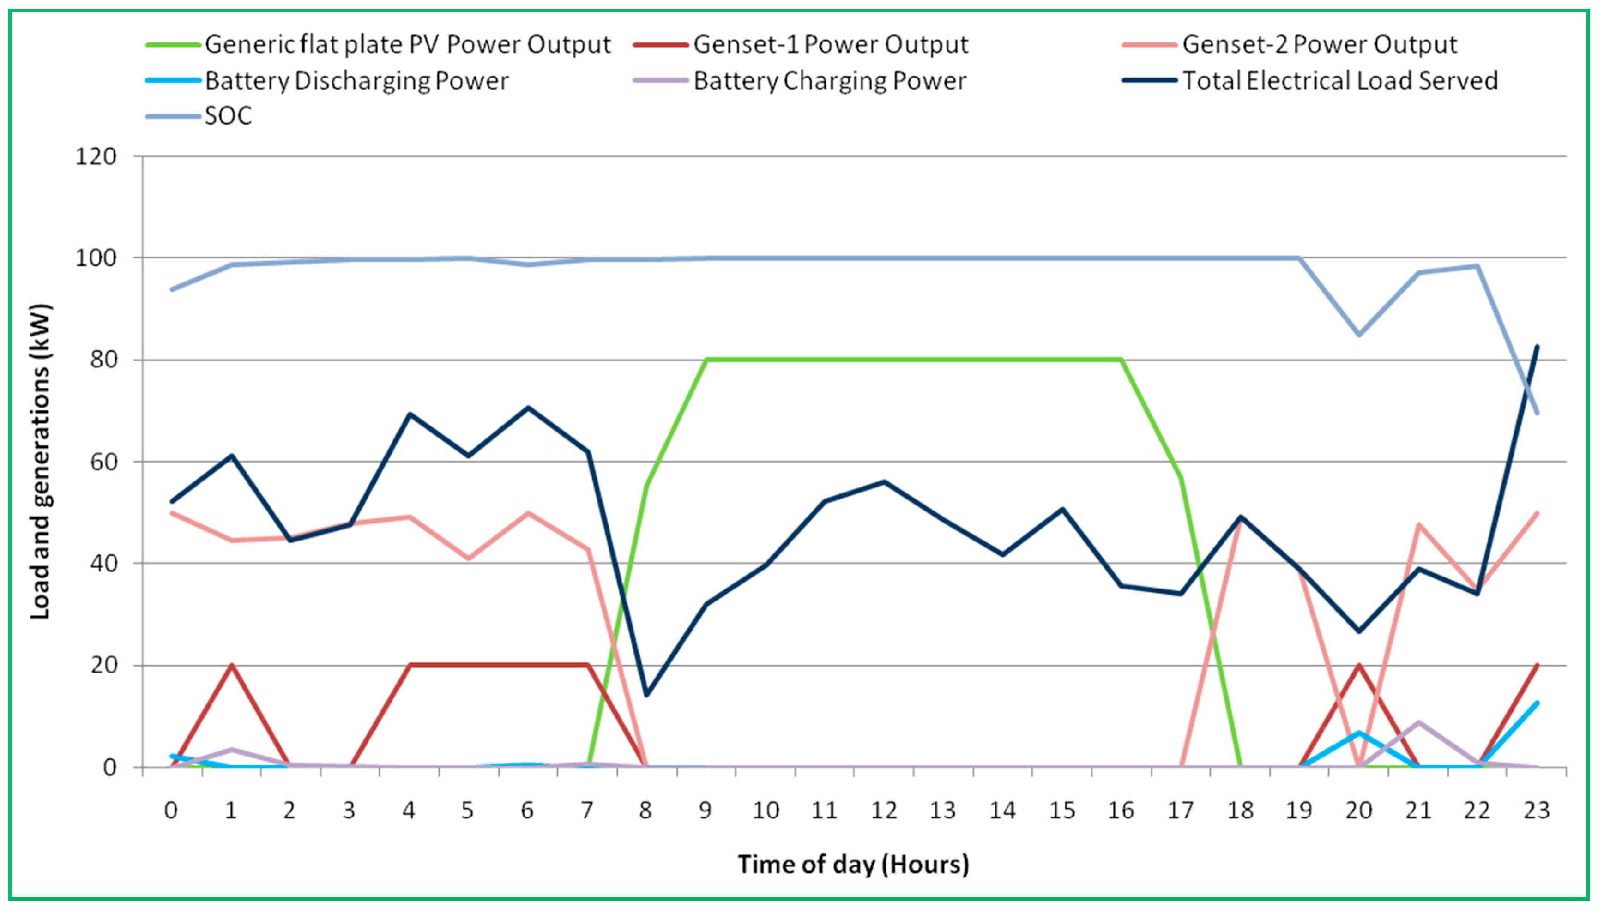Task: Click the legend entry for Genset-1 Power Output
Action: pos(830,44)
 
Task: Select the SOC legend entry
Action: pos(228,116)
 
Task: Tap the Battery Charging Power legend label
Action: pos(830,81)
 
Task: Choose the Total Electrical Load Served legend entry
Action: pos(1339,81)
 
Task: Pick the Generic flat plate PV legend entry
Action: pos(407,44)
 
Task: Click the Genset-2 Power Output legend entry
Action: pos(1319,44)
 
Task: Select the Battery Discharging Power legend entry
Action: pos(356,81)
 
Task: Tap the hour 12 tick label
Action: pos(884,811)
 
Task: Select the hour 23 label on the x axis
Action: pos(1536,811)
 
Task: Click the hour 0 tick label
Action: pos(170,811)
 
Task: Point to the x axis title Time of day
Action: pos(853,864)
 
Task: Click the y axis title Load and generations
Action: pos(40,462)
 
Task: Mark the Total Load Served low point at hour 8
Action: pos(646,695)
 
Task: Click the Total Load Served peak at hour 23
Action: pos(1536,346)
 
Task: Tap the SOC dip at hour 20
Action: pos(1359,334)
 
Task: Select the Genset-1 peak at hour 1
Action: pos(231,665)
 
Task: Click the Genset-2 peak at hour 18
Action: pos(1240,519)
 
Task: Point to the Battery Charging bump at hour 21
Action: pos(1418,722)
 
